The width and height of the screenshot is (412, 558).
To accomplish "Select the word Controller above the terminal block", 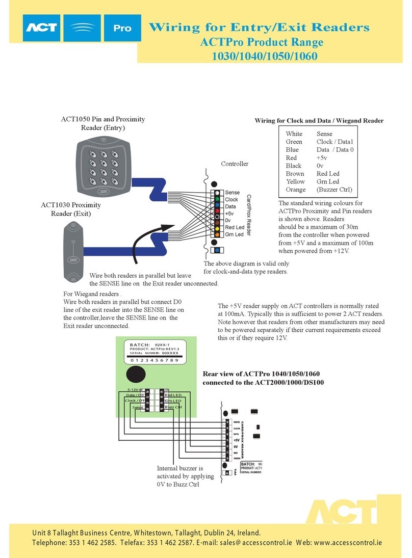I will pos(235,164).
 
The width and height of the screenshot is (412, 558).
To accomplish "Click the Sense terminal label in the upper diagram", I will pos(232,193).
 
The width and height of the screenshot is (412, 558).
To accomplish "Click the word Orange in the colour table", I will pos(296,190).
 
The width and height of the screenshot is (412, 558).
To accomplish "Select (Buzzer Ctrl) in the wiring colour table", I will pos(334,190).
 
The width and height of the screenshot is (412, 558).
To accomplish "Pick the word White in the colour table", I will pos(294,134).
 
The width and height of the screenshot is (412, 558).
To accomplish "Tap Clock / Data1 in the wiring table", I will pos(334,142).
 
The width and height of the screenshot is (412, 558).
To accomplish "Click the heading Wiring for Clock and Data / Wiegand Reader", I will pos(319,121).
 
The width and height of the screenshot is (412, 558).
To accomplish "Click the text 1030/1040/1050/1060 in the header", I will pos(264,56).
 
